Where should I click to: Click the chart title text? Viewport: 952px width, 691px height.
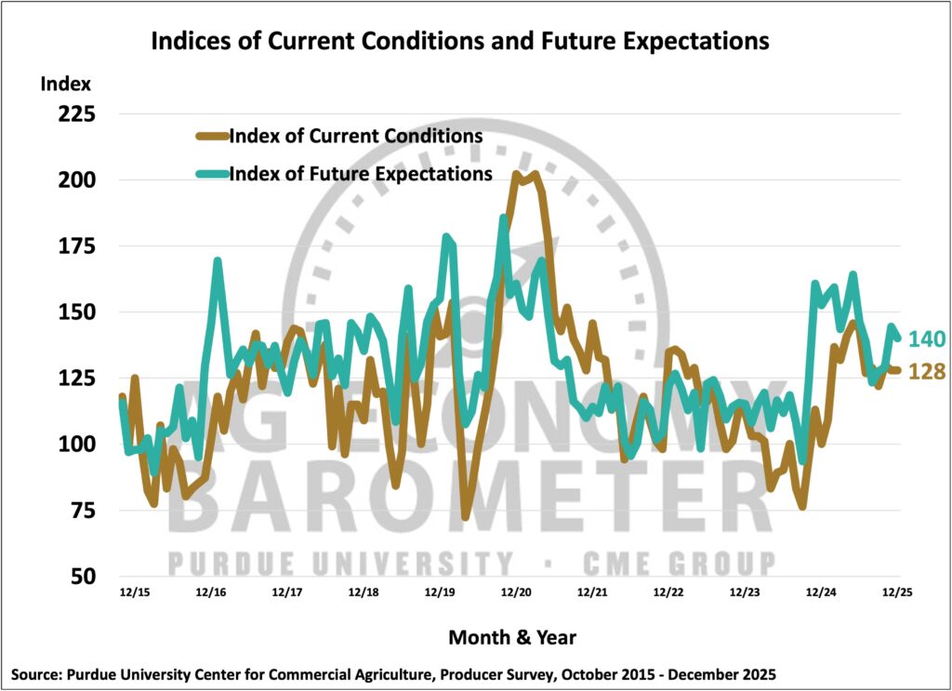click(x=459, y=42)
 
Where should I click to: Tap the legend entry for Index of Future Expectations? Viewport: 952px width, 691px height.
click(x=360, y=174)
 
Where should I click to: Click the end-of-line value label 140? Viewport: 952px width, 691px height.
click(x=927, y=339)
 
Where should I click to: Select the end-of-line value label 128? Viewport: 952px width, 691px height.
click(x=927, y=372)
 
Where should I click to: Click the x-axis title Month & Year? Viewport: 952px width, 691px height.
click(x=512, y=638)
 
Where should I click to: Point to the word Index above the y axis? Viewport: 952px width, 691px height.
click(x=66, y=84)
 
